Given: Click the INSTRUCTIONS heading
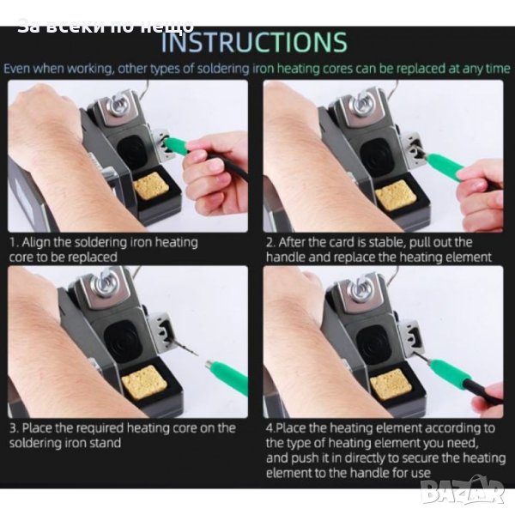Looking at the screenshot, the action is (254, 42).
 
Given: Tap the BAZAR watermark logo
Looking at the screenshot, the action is (463, 491).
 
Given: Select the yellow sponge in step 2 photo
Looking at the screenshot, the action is (392, 196).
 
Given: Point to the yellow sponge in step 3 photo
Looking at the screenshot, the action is (143, 382).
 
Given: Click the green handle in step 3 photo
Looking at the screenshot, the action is (227, 373).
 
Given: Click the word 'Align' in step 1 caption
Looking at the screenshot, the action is (36, 243).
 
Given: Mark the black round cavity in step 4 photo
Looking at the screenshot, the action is (373, 344).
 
